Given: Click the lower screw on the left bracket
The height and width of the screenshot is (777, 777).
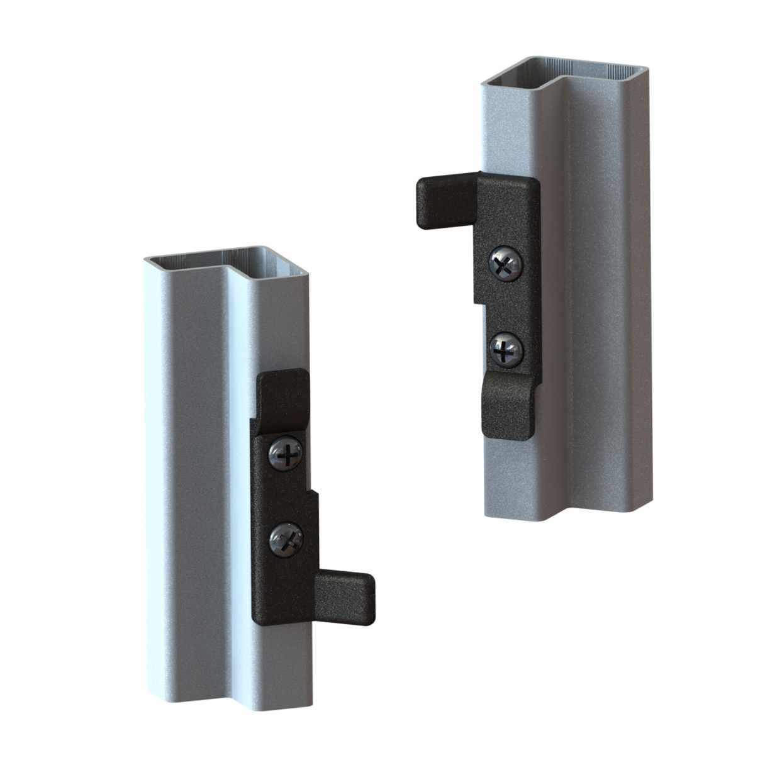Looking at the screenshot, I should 286,540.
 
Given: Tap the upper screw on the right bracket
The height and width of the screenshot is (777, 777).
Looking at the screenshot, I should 505,265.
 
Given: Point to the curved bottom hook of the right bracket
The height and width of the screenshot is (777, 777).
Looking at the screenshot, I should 507,409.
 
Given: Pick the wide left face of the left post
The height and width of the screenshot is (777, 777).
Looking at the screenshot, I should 182,472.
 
